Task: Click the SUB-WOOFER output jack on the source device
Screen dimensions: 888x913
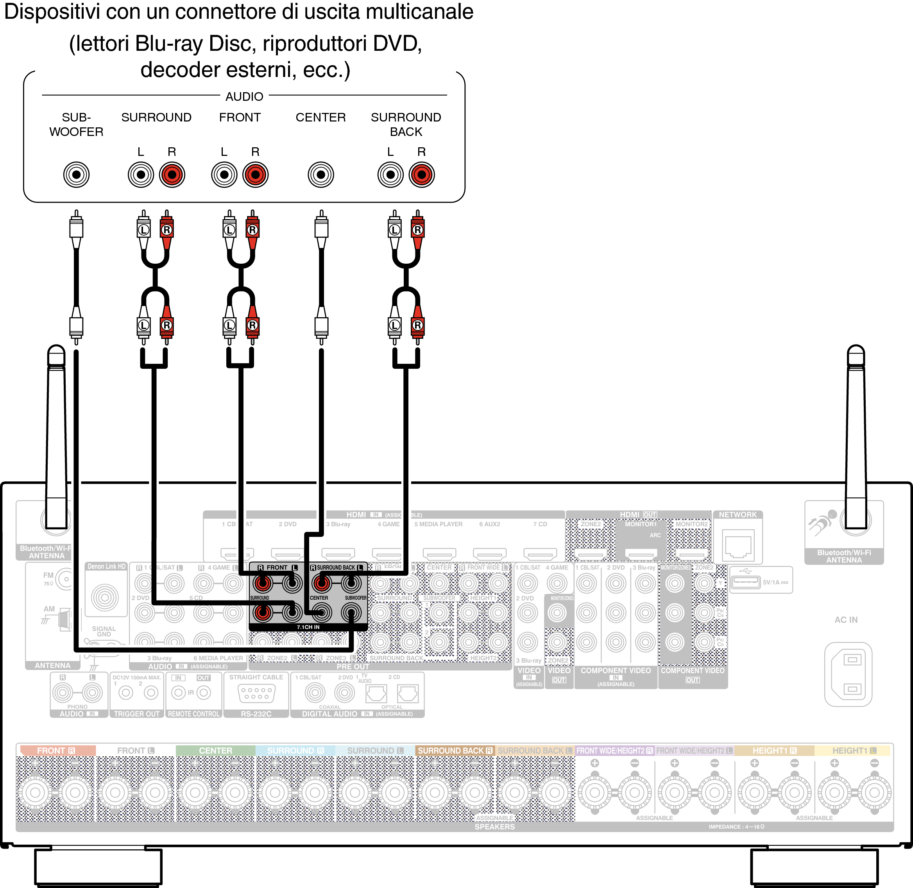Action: pyautogui.click(x=76, y=175)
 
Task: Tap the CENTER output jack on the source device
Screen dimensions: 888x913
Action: pyautogui.click(x=320, y=175)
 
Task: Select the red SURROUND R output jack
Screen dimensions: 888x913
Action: pyautogui.click(x=172, y=175)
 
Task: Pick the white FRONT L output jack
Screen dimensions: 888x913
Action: pyautogui.click(x=224, y=175)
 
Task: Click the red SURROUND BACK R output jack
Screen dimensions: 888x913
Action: pyautogui.click(x=421, y=175)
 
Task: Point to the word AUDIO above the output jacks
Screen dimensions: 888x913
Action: pyautogui.click(x=244, y=96)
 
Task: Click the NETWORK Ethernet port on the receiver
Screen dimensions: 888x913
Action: pyautogui.click(x=738, y=545)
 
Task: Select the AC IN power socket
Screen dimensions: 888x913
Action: pyautogui.click(x=848, y=674)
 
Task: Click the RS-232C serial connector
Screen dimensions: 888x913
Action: pyautogui.click(x=256, y=693)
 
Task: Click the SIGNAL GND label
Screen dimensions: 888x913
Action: pyautogui.click(x=104, y=631)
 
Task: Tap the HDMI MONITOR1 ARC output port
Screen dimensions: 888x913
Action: pyautogui.click(x=641, y=554)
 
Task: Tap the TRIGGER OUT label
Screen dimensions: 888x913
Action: pyautogui.click(x=137, y=714)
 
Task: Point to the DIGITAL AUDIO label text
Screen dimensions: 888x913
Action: pyautogui.click(x=329, y=714)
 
